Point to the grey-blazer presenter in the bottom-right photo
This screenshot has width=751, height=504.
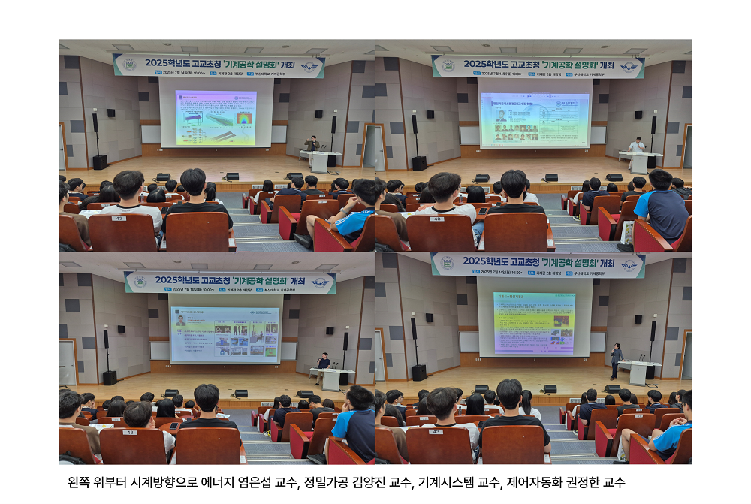[617, 359]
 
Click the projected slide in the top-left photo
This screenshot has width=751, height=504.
[216, 117]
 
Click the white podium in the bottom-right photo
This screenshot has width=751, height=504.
[640, 371]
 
